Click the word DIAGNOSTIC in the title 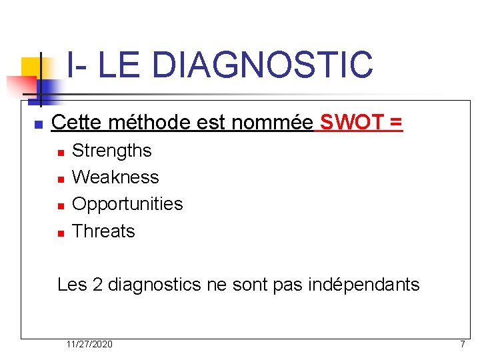point(262,65)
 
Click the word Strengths point(111,151)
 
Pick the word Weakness point(115,177)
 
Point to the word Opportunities point(127,204)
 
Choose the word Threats point(103,231)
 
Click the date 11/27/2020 point(89,344)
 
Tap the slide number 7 point(462,344)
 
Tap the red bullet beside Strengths point(60,153)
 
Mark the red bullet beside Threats point(60,233)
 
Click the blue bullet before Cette point(38,125)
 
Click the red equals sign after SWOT point(396,123)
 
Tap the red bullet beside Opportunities point(60,206)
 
